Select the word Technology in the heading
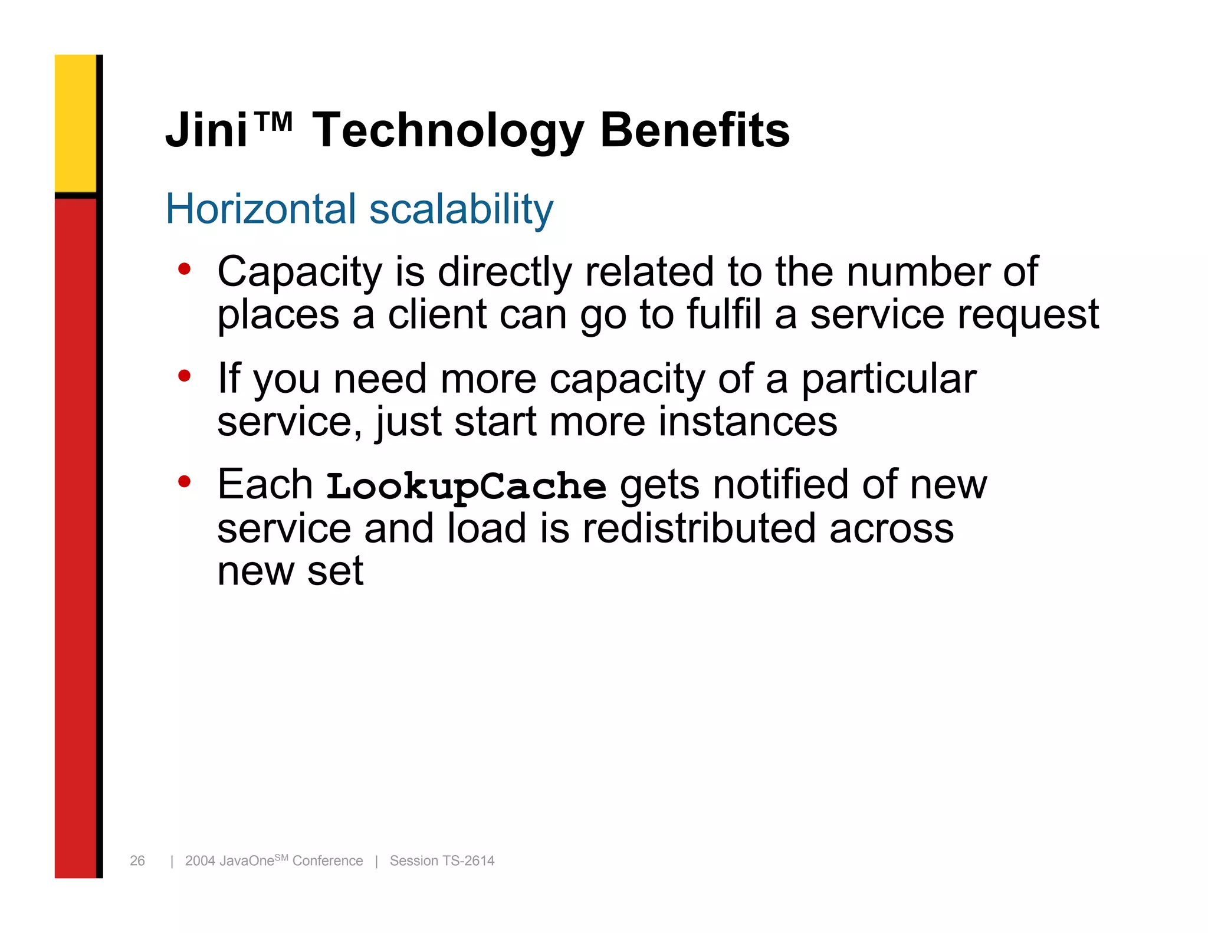447,131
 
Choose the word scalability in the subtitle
461,210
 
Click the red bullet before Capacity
185,270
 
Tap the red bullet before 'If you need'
185,376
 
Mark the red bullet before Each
185,482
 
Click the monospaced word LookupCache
466,487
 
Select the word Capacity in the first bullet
300,272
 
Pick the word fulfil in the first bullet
724,314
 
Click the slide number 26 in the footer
137,860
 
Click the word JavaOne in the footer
246,861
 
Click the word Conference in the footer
327,860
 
